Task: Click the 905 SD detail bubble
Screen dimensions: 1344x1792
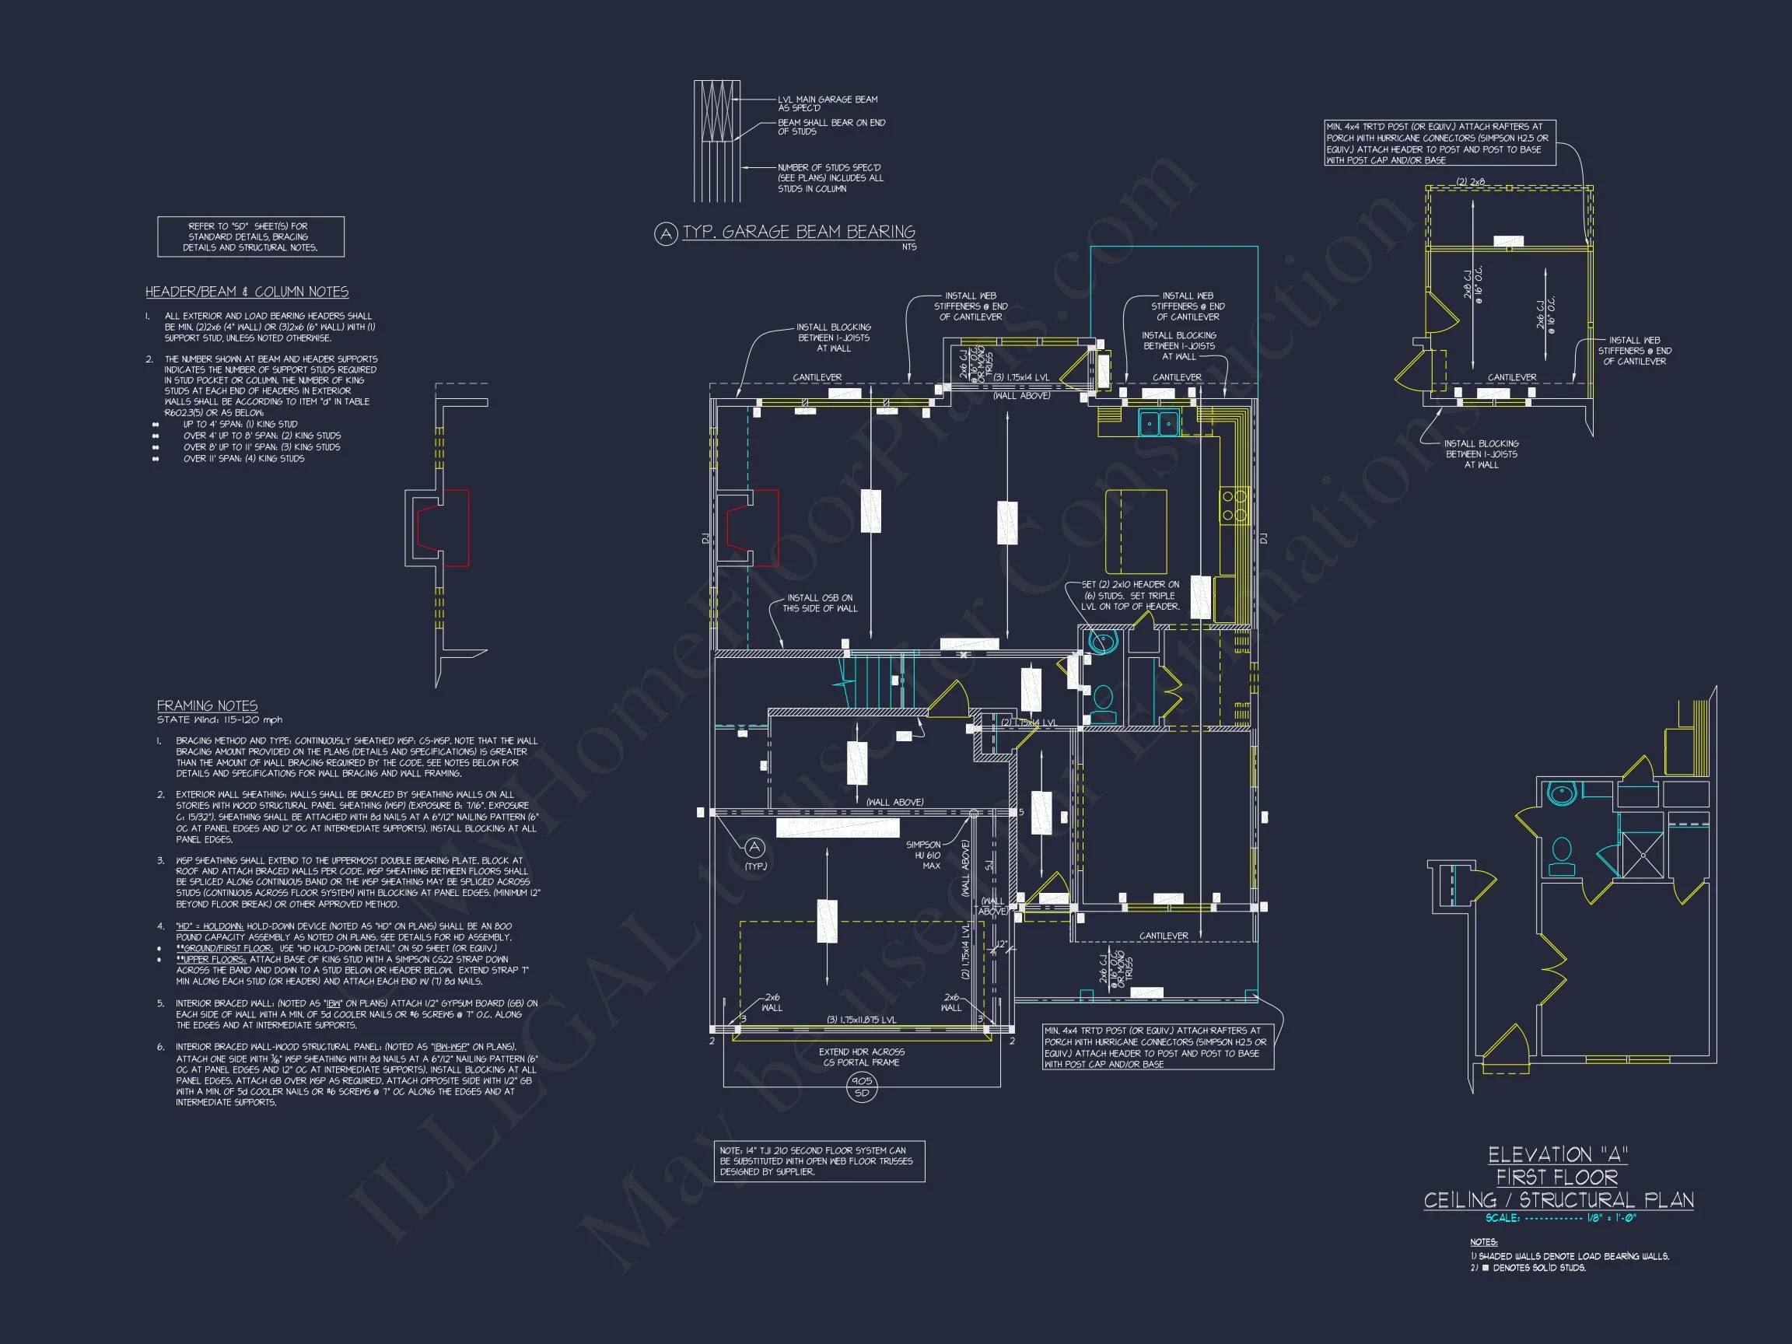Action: (x=861, y=1087)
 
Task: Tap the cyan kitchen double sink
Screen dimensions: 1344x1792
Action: (x=1158, y=423)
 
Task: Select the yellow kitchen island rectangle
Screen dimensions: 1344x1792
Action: (x=1136, y=531)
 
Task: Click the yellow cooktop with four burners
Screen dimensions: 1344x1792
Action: (x=1234, y=505)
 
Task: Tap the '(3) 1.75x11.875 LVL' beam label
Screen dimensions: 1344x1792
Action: (x=860, y=1019)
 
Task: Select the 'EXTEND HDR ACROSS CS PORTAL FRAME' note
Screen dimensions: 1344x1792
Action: (x=861, y=1056)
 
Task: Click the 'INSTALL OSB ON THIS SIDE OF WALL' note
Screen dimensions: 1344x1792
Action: (x=819, y=603)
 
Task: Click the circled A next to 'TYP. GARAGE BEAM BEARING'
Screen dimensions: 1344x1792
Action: (x=665, y=235)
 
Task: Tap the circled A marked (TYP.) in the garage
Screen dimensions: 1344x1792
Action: (x=754, y=848)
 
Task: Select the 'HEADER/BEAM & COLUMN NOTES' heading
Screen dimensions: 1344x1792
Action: (x=247, y=292)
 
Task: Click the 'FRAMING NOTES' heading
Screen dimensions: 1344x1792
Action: (x=208, y=705)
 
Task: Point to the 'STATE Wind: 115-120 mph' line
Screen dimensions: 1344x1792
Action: (x=219, y=719)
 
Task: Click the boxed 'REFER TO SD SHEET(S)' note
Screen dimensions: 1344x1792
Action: (x=250, y=236)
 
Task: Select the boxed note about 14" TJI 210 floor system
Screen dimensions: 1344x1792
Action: (x=818, y=1161)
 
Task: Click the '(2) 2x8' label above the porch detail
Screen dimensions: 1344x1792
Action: (x=1470, y=181)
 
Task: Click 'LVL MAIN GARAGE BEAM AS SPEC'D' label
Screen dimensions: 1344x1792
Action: (x=826, y=103)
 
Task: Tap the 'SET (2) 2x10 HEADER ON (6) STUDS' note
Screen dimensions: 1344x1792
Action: (x=1129, y=596)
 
